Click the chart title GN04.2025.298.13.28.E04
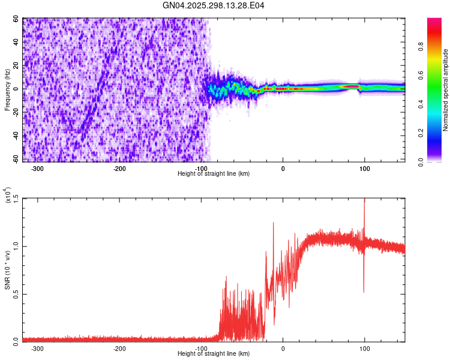[x=214, y=5]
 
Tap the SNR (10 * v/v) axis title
[x=8, y=269]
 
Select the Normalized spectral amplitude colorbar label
[x=446, y=90]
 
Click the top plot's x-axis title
[x=214, y=173]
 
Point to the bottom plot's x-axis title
[x=214, y=353]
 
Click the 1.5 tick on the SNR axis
[x=15, y=199]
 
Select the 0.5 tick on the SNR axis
[x=15, y=293]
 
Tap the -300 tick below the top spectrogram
[x=37, y=168]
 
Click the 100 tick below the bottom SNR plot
[x=364, y=348]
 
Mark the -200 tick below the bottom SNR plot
[x=119, y=348]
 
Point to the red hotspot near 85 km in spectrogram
[x=351, y=86]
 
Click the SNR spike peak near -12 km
[x=274, y=223]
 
